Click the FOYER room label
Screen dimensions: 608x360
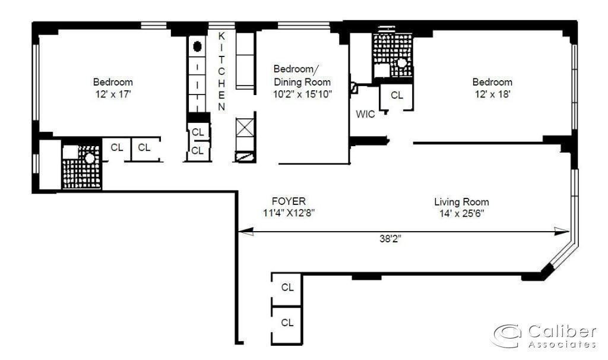coord(289,201)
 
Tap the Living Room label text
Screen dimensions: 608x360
coord(461,202)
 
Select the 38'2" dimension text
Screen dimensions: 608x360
coord(390,239)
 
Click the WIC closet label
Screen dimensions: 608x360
coord(365,114)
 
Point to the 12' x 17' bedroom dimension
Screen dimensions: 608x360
coord(113,94)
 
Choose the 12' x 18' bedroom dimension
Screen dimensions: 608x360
coord(492,94)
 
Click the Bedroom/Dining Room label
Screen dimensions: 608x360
coord(302,75)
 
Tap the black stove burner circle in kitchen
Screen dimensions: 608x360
coord(197,46)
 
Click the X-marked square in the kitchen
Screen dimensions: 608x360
coord(245,128)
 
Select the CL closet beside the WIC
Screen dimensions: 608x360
coord(397,95)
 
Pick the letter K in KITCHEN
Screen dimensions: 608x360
coord(221,36)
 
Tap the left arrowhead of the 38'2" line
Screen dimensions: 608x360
coord(245,232)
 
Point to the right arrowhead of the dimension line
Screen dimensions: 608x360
coord(562,232)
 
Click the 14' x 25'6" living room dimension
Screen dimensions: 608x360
coord(461,213)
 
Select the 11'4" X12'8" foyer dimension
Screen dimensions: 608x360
coord(289,213)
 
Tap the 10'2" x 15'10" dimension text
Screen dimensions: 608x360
coord(302,94)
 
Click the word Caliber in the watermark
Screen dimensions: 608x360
coord(562,331)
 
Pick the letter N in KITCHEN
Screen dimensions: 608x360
coord(221,107)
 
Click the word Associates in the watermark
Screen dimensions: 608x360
coord(562,344)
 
